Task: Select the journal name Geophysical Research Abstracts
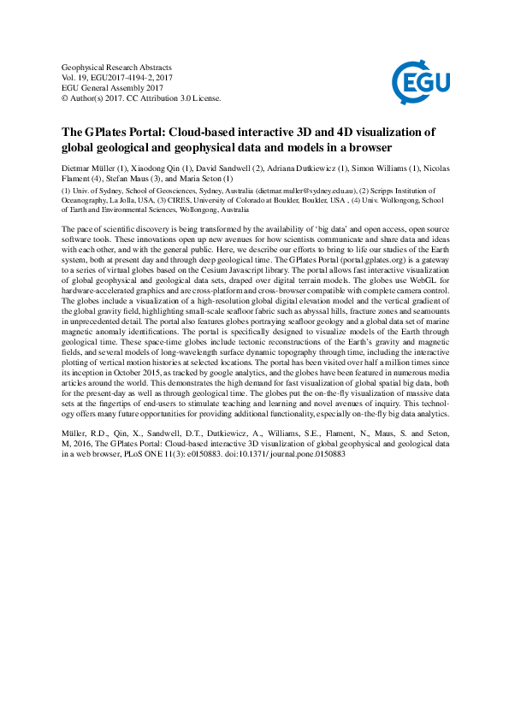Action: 117,66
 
